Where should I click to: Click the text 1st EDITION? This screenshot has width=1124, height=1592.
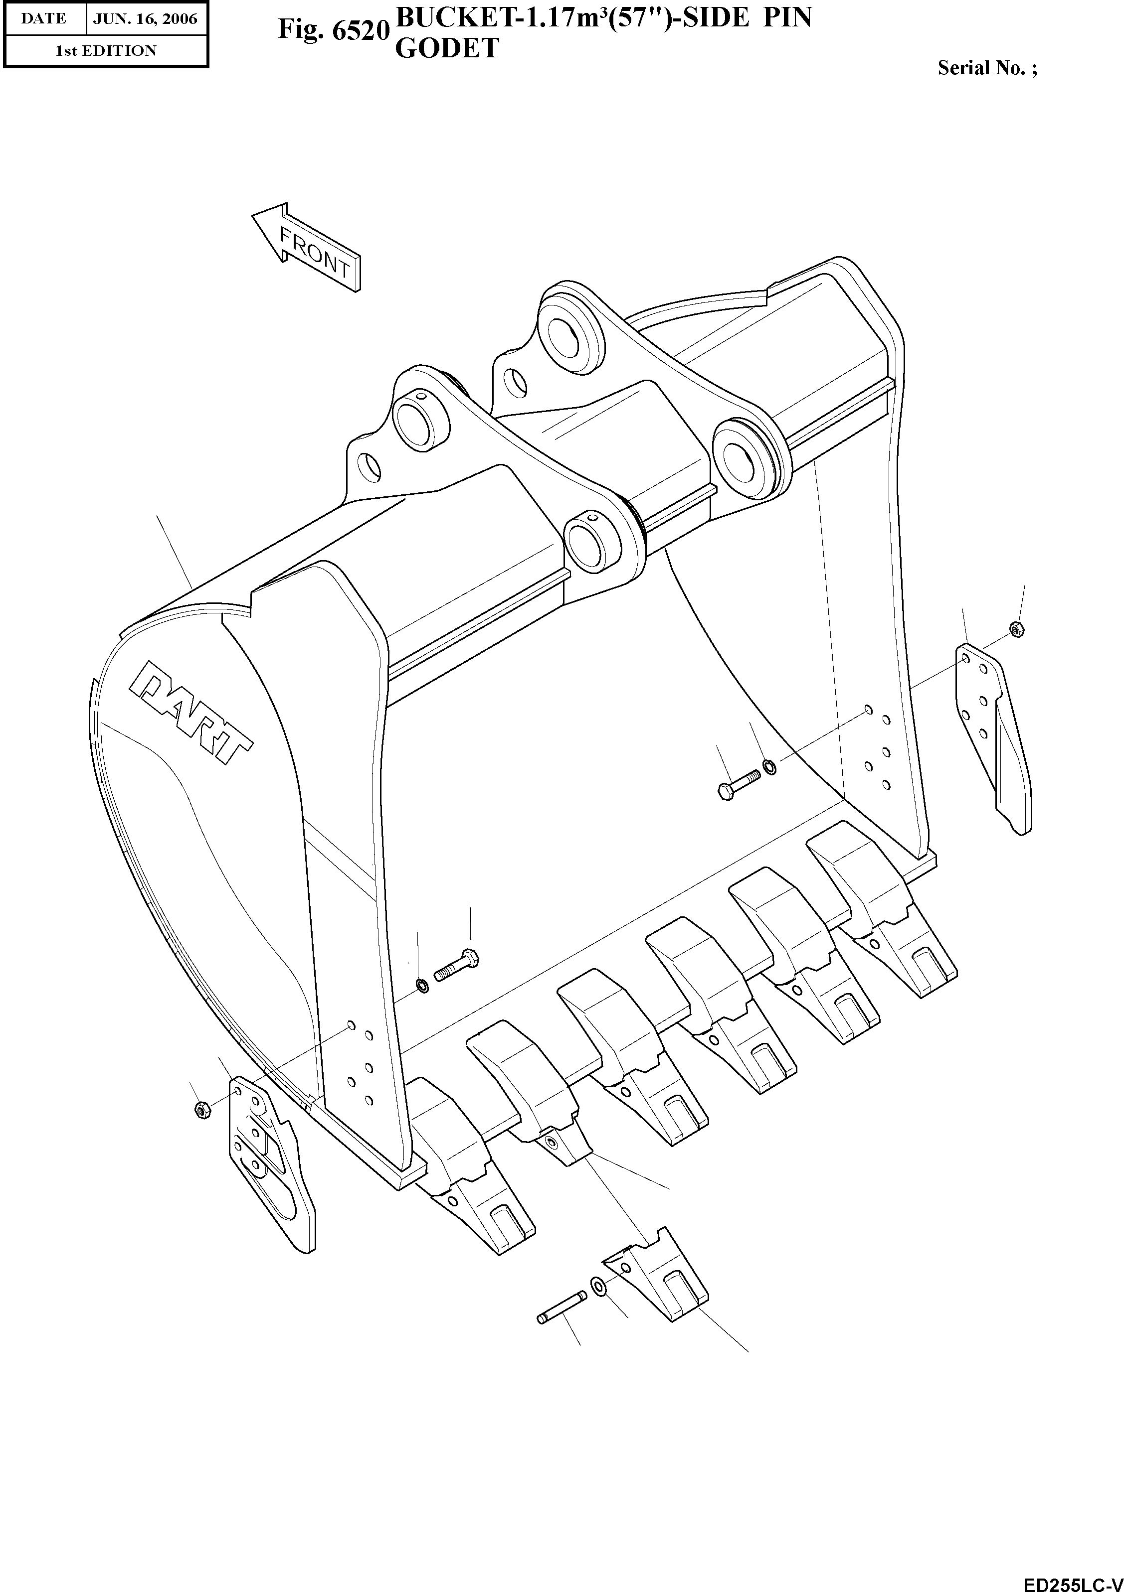tap(106, 51)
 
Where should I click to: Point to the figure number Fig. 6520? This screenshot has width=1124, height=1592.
tap(332, 29)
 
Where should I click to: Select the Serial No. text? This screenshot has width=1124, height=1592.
tap(987, 68)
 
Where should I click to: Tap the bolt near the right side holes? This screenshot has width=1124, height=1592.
tap(738, 786)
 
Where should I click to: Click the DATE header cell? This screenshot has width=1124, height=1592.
tap(43, 19)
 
